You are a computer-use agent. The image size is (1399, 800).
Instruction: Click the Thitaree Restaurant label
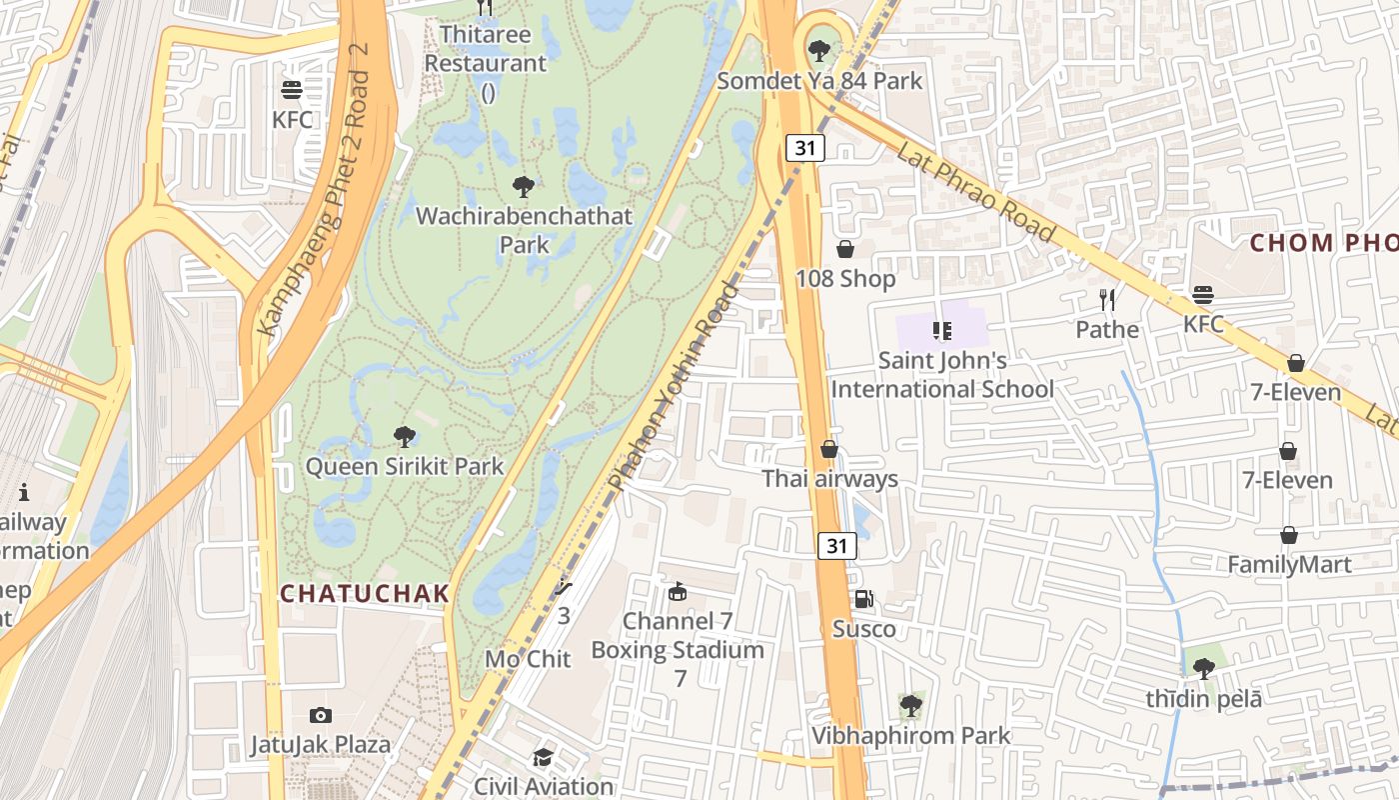coord(486,49)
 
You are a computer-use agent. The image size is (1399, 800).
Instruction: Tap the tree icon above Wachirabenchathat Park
coord(523,186)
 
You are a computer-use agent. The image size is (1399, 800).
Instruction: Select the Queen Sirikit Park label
coord(405,466)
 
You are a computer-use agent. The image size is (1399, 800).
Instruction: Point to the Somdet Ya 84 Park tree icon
coord(819,49)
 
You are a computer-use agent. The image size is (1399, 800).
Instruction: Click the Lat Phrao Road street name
coord(974,191)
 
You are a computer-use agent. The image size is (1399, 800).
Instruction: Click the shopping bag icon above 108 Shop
coord(845,249)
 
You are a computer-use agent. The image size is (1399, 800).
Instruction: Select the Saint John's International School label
coord(942,374)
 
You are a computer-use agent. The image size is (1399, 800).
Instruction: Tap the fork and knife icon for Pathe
coord(1107,299)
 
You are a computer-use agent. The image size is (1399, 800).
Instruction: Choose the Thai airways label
coord(829,479)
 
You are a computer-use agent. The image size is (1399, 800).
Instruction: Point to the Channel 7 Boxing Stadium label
coord(678,636)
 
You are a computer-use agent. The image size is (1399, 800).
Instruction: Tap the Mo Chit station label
coord(528,659)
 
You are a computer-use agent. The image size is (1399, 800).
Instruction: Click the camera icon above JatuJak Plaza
coord(320,715)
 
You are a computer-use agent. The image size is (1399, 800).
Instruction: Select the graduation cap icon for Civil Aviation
coord(543,757)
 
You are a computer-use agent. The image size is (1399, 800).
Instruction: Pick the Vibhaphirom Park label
coord(910,736)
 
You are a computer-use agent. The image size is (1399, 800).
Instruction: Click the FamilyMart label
coord(1289,565)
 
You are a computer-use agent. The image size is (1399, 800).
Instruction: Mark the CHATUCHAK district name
coord(365,593)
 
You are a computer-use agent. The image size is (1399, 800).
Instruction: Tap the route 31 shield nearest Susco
coord(837,546)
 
